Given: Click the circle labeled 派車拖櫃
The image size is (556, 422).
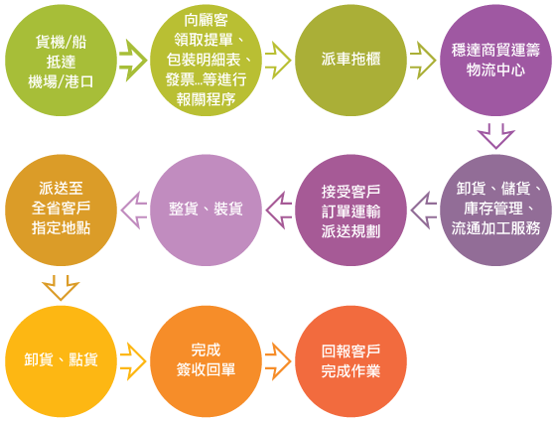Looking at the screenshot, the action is click(350, 61).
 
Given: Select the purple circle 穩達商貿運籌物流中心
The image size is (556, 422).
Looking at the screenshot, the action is click(495, 61).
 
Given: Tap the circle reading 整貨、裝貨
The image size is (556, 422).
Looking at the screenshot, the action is click(206, 210).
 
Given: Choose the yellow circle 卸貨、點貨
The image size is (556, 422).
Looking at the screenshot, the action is click(61, 361).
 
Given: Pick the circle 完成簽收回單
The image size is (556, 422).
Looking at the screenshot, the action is click(206, 361).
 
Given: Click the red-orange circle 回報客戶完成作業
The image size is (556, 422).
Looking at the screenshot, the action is click(350, 361).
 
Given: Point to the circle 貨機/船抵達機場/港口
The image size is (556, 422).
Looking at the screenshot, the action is click(61, 61).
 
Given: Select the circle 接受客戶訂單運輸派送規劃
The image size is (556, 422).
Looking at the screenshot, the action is click(350, 210).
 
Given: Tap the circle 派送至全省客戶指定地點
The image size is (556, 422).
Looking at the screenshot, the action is click(61, 210).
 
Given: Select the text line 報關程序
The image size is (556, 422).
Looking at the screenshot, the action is click(206, 99).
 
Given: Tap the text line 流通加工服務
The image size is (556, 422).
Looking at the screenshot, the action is click(495, 228).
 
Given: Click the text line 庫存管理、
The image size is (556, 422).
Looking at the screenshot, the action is click(499, 209).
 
